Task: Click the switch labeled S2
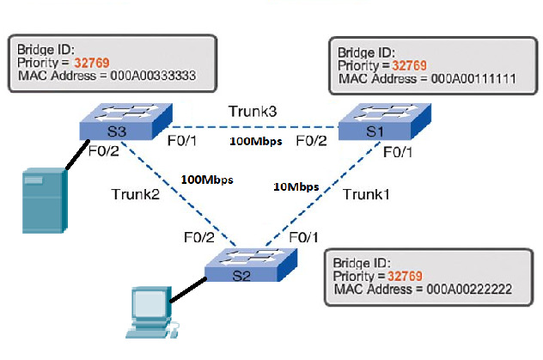pyautogui.click(x=250, y=269)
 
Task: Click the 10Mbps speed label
pyautogui.click(x=296, y=186)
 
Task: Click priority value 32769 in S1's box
pyautogui.click(x=409, y=65)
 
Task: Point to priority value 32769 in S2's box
pyautogui.click(x=406, y=278)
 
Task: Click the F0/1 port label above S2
pyautogui.click(x=305, y=236)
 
